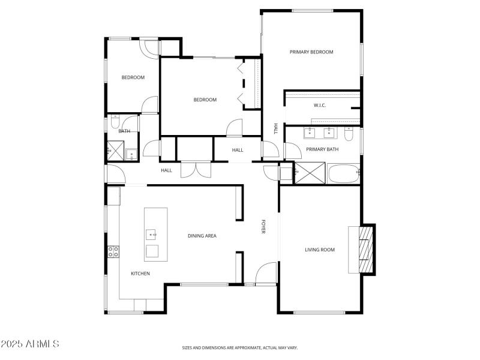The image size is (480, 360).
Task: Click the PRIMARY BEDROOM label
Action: [311, 52]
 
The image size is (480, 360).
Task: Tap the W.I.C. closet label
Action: [319, 106]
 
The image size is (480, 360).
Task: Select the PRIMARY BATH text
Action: [322, 149]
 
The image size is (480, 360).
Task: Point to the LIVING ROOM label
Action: [320, 250]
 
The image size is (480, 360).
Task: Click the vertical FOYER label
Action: [263, 227]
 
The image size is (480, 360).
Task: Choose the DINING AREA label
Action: [202, 236]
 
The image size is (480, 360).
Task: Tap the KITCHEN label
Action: [140, 274]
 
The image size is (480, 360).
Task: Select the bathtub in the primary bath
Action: [344, 173]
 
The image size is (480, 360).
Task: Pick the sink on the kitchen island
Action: [151, 234]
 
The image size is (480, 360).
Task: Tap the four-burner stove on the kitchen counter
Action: [112, 252]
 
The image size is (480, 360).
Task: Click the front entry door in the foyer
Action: [265, 275]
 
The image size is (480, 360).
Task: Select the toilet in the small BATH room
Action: [113, 124]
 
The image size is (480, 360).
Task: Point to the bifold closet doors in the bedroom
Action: [242, 84]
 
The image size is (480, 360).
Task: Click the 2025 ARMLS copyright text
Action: [30, 344]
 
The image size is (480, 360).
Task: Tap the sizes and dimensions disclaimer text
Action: [240, 347]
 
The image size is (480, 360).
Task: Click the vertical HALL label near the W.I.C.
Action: [276, 128]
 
